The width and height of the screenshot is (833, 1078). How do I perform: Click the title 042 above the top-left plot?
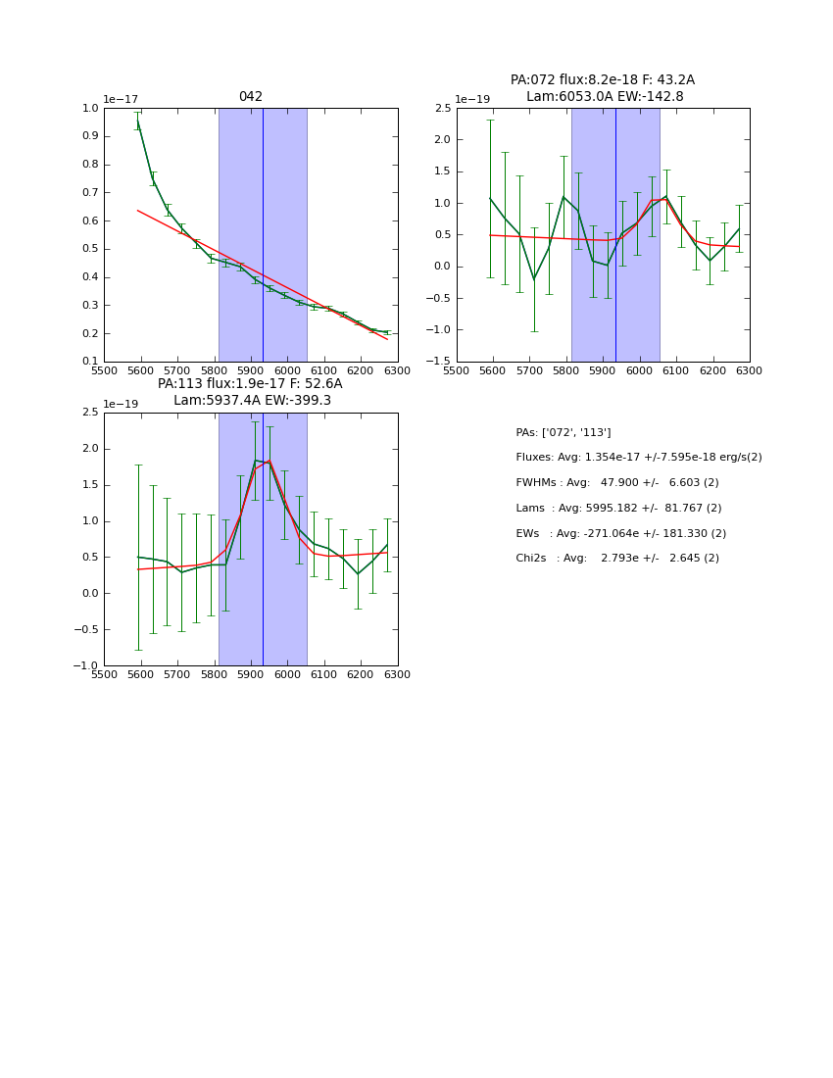(251, 97)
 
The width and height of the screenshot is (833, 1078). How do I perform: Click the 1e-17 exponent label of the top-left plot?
(121, 99)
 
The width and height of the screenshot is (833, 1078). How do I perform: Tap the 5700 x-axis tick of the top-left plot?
(177, 370)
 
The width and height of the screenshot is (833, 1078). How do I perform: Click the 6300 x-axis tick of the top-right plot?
(749, 370)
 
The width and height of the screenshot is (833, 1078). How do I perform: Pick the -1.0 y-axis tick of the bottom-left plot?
(85, 666)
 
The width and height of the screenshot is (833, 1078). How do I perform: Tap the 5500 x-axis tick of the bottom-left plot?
(104, 674)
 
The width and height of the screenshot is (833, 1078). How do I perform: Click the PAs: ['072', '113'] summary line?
(563, 432)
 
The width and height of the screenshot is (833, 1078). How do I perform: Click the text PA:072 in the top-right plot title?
(530, 80)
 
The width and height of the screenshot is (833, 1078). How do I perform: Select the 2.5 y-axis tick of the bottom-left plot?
(89, 413)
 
